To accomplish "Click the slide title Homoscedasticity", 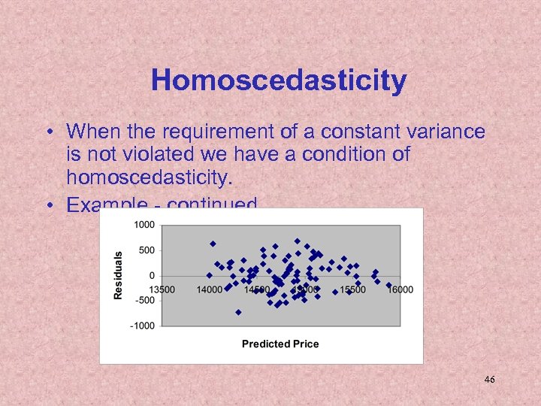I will [278, 80].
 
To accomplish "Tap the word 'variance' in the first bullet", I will [443, 132].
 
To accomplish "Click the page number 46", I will [489, 380].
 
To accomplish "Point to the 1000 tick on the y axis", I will [145, 225].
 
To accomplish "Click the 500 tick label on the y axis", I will [147, 250].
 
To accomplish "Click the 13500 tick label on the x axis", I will [162, 289].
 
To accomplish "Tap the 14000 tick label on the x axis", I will [210, 289].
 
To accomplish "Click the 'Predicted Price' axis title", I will [280, 344].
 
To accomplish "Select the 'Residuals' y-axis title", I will [118, 275].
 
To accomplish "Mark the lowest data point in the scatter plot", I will [238, 312].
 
